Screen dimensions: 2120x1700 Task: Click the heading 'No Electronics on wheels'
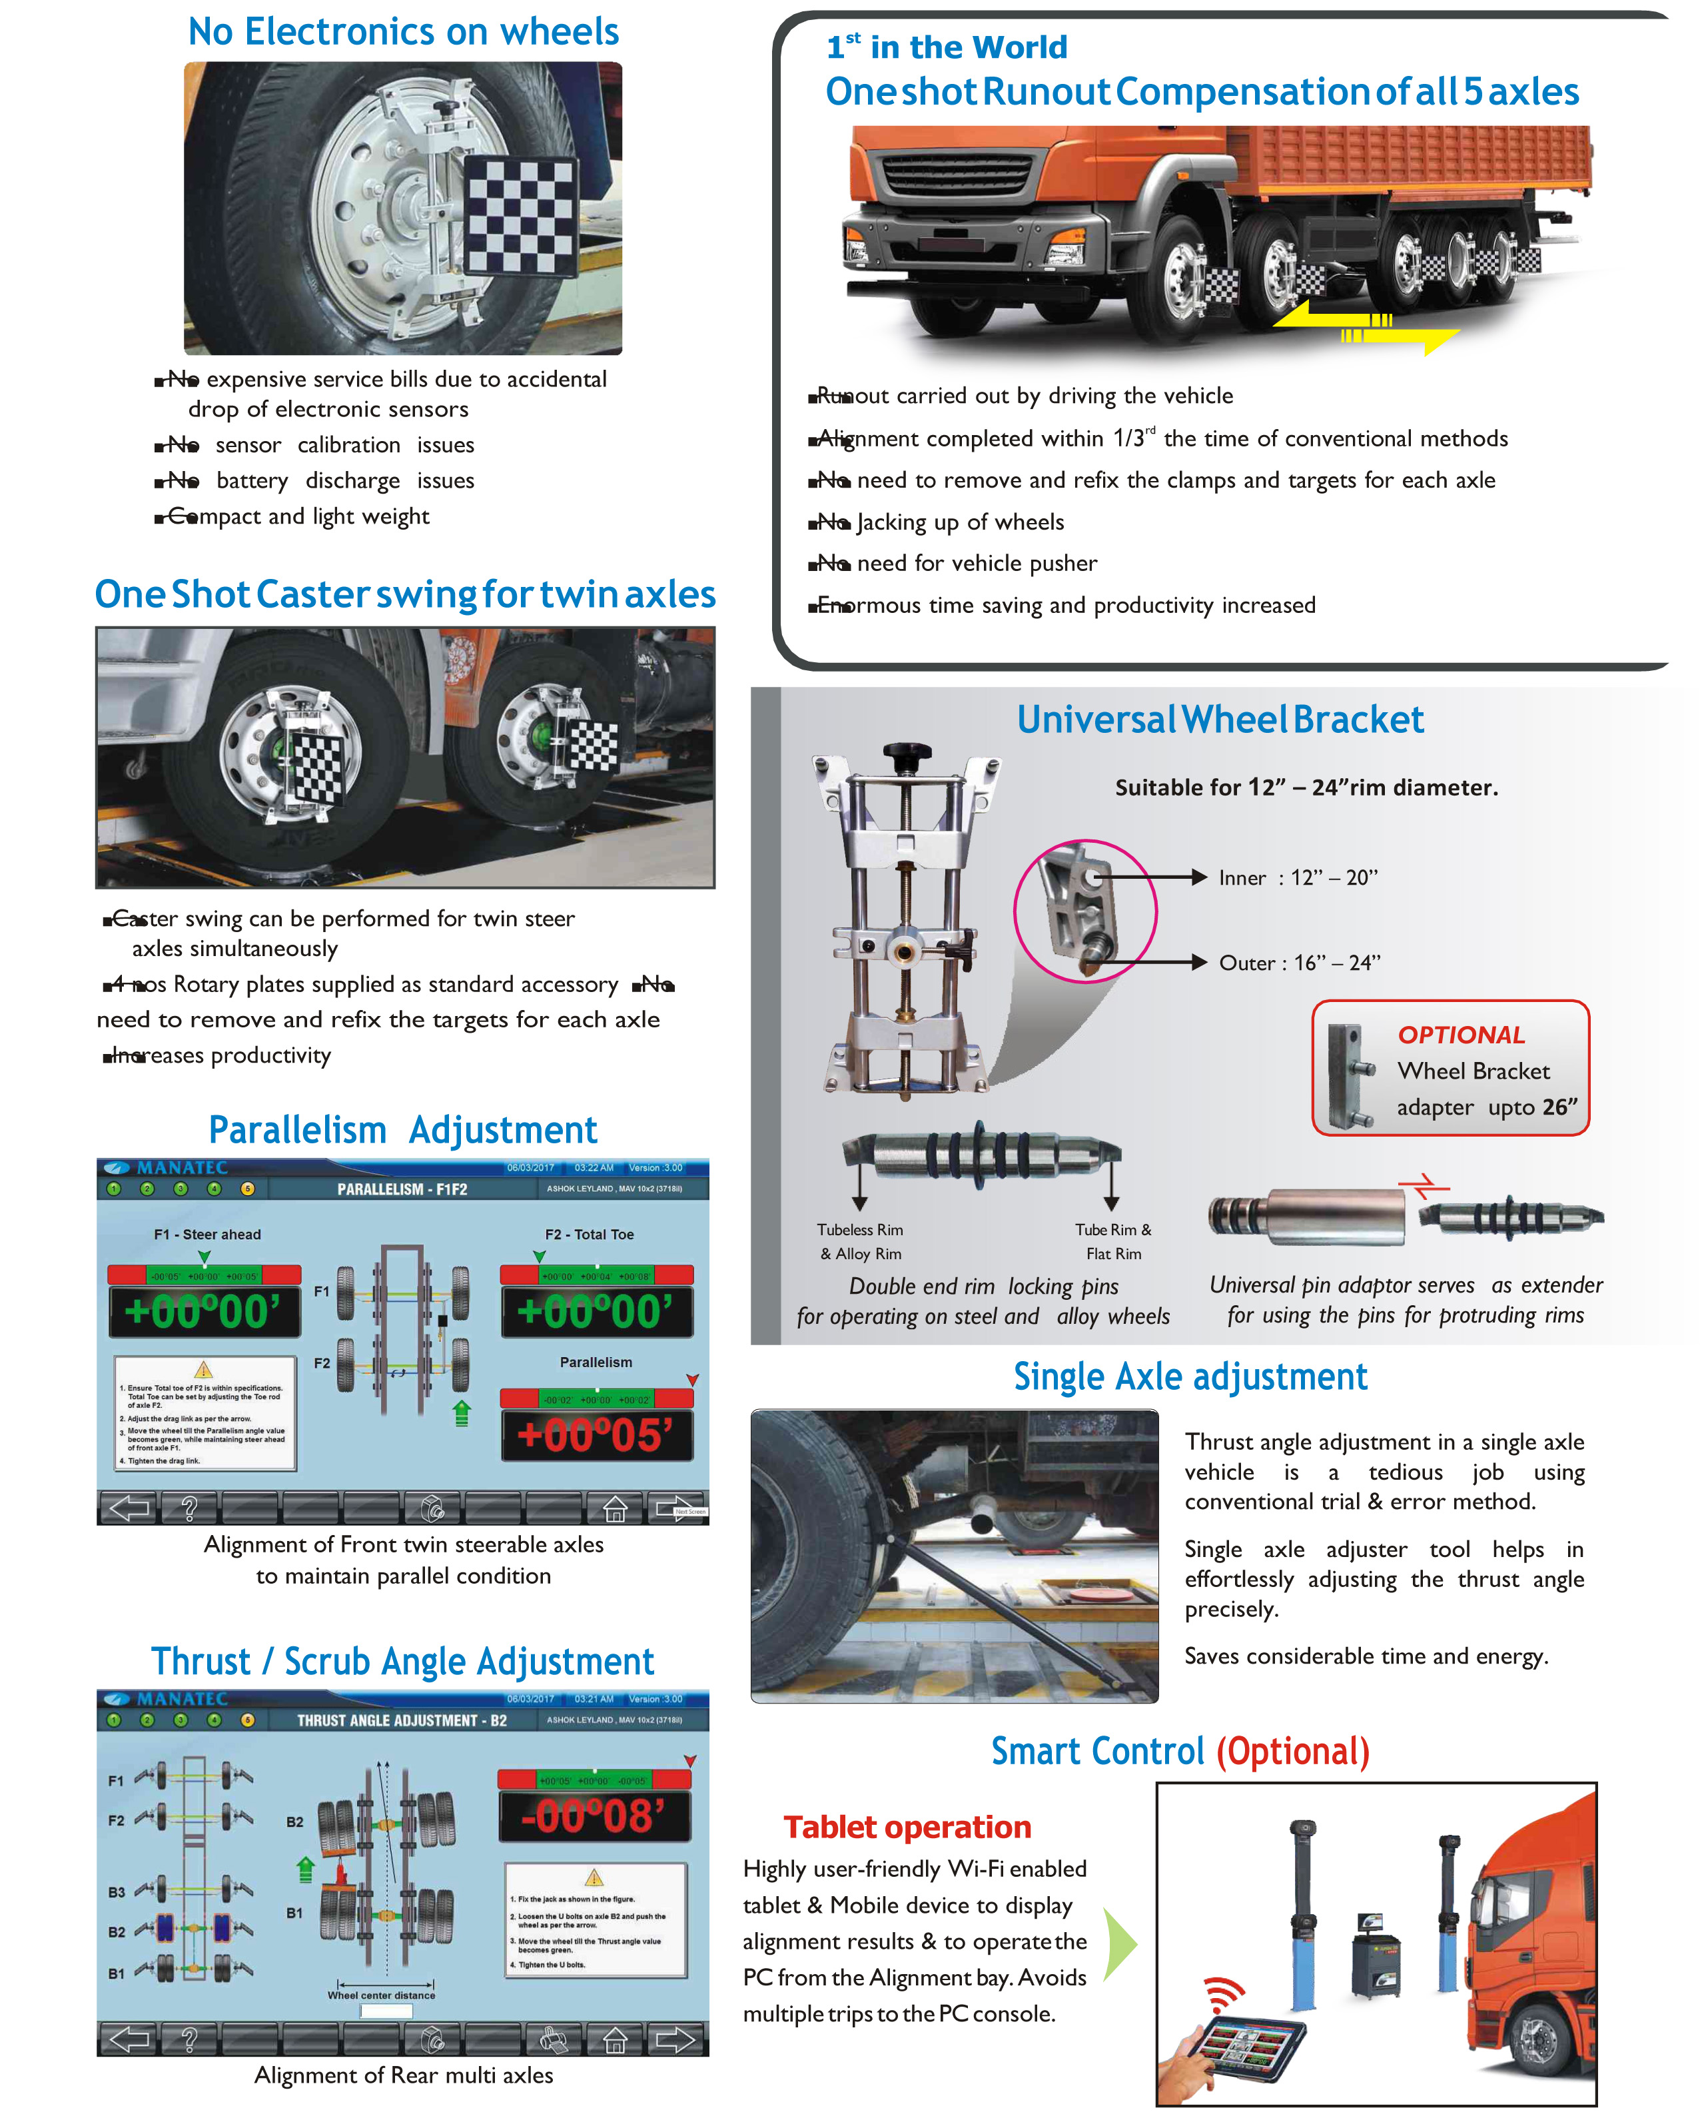point(403,33)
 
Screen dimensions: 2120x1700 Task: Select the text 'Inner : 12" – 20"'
point(1298,878)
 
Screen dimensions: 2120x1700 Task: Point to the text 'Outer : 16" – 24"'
point(1299,963)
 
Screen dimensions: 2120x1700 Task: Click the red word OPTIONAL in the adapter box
point(1461,1035)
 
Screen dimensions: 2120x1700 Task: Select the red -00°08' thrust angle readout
point(594,1816)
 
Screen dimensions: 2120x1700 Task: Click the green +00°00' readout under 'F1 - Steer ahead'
point(204,1312)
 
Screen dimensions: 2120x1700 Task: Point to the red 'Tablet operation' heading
point(907,1827)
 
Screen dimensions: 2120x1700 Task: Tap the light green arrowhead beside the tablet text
point(1119,1944)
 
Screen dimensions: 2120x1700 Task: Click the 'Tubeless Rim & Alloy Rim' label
point(860,1241)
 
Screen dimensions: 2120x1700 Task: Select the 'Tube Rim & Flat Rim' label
point(1113,1241)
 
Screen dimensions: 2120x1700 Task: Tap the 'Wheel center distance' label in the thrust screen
point(380,1995)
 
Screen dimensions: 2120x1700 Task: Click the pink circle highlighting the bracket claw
point(1086,911)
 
